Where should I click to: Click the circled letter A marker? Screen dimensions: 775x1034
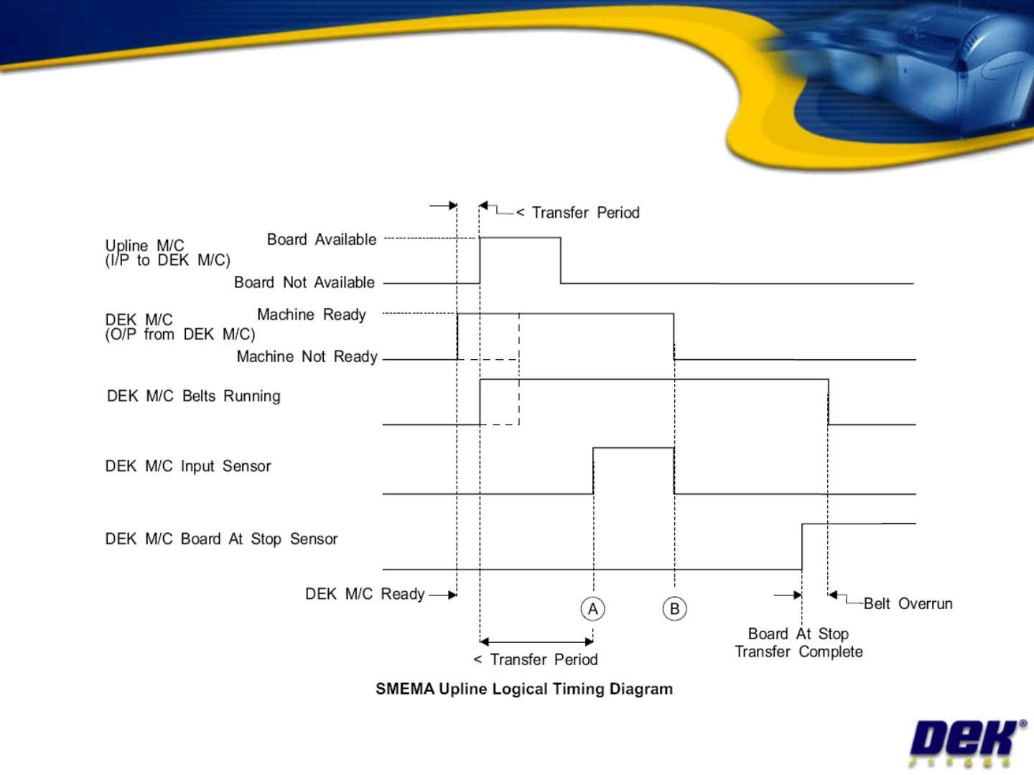coord(593,609)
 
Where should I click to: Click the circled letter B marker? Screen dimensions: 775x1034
coord(674,609)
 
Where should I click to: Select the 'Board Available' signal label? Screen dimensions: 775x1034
coord(322,239)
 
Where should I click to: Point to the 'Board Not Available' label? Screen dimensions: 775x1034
coord(304,282)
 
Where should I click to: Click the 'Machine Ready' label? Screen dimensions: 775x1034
coord(312,315)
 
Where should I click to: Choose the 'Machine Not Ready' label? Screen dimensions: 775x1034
coord(307,356)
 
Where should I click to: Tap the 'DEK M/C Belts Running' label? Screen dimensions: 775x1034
coord(194,396)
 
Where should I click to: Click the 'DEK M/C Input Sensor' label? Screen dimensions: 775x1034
coord(188,466)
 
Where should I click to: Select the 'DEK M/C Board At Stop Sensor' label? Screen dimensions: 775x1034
coord(221,539)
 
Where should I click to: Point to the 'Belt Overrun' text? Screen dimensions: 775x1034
coord(908,603)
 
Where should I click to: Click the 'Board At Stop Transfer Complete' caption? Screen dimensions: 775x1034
coord(798,643)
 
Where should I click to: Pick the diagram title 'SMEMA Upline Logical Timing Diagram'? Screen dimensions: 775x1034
coord(524,689)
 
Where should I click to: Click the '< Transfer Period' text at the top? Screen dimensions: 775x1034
coord(578,213)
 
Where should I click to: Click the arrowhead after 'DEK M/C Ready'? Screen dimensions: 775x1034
coord(452,595)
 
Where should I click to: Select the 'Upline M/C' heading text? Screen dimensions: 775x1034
coord(144,246)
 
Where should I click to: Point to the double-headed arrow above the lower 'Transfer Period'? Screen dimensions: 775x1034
coord(536,641)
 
